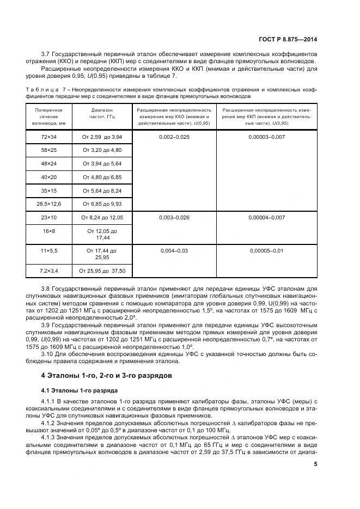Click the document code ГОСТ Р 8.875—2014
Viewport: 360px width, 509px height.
(x=289, y=39)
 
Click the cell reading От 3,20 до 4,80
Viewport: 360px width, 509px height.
(x=102, y=150)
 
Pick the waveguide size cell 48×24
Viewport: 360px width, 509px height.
(x=49, y=163)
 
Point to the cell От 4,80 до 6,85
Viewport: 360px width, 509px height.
(x=102, y=177)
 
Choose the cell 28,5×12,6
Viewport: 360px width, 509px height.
(x=49, y=204)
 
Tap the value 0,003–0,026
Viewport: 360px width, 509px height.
(x=174, y=217)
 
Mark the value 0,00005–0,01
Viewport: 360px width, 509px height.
(x=266, y=251)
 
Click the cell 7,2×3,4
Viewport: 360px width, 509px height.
(x=49, y=271)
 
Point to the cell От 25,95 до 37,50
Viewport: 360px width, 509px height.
(x=102, y=271)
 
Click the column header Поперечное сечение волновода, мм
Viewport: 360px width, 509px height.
(x=49, y=116)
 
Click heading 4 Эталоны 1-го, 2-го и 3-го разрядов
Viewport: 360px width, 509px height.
(x=107, y=375)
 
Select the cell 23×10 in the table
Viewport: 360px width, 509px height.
(x=49, y=217)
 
